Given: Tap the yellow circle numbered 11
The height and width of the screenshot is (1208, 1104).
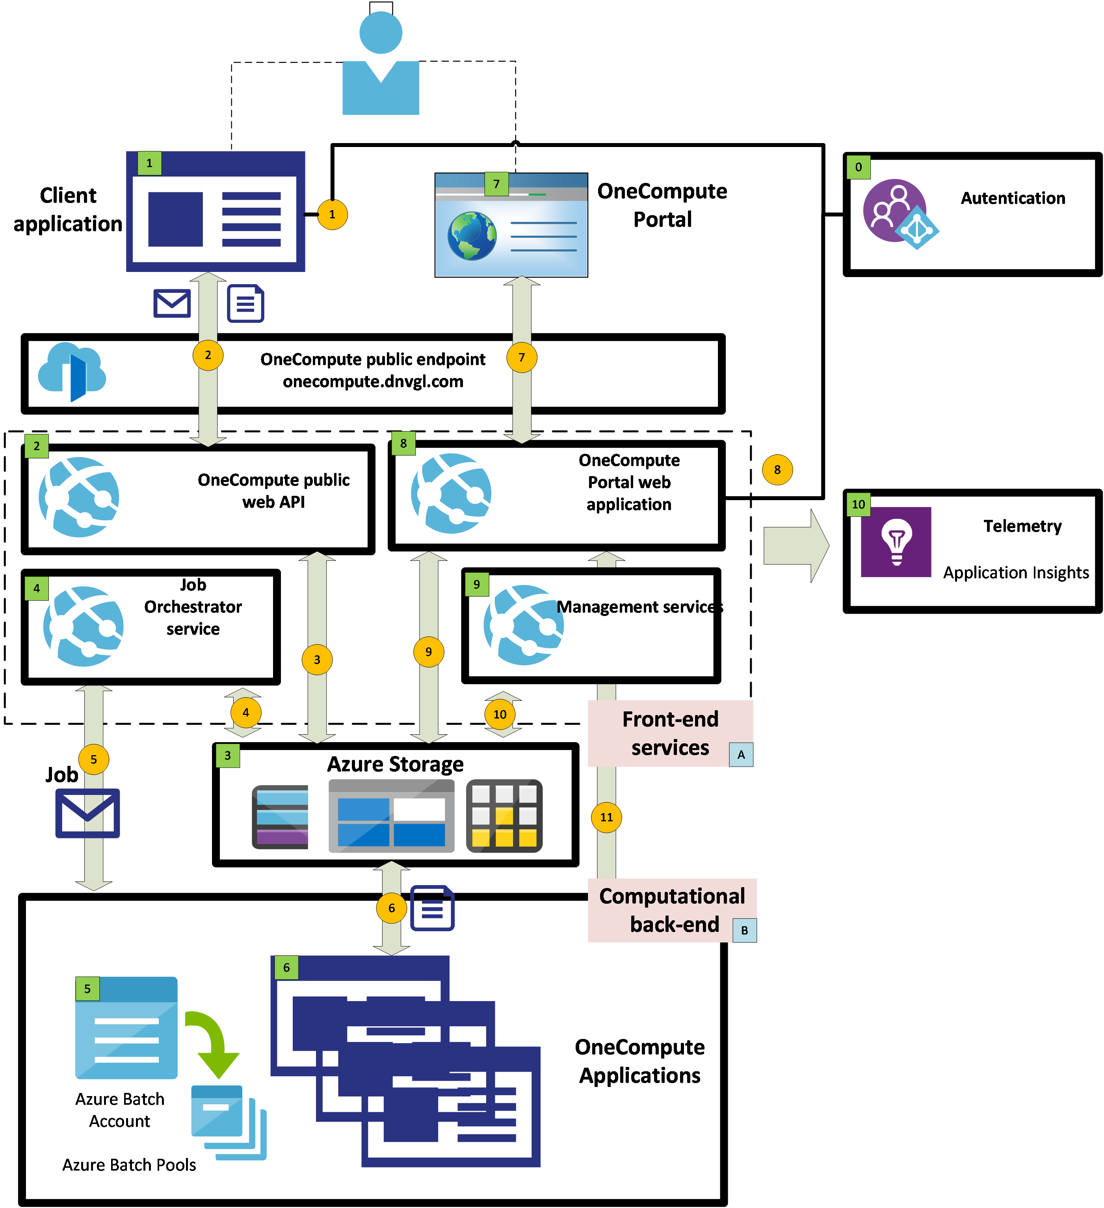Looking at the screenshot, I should point(606,817).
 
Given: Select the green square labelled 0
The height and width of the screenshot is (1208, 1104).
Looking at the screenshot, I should point(858,167).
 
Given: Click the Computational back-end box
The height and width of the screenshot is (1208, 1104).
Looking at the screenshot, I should point(671,910).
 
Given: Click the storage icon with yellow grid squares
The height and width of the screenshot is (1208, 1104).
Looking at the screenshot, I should point(504,816).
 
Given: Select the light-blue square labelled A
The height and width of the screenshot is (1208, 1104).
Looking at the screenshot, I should point(741,754).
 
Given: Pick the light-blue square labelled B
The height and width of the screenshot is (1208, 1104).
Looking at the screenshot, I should point(745,931).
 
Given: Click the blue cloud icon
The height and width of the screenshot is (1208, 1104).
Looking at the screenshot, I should point(72,372).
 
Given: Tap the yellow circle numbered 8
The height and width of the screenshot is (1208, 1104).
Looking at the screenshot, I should point(777,470).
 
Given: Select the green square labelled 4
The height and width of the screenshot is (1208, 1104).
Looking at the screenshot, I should point(37,588).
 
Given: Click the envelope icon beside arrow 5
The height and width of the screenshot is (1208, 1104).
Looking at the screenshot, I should point(87,813).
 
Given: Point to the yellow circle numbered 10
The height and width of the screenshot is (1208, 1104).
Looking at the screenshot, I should point(500,714).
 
